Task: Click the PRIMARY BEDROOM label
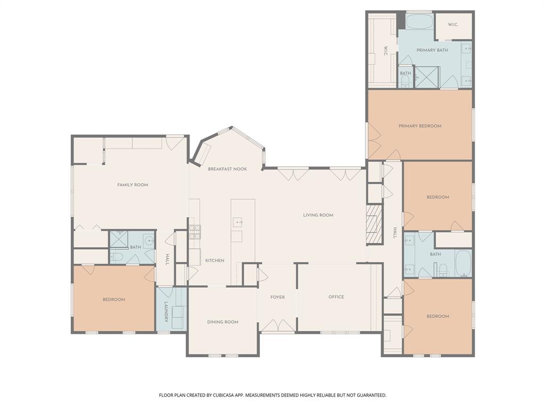pos(420,126)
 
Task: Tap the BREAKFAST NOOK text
pos(227,169)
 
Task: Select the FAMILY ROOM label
pos(133,185)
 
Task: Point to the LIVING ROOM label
pos(318,215)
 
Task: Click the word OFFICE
pos(336,297)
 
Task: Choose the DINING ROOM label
pos(222,322)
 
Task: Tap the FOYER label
pos(277,297)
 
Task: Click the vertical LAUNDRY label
pos(166,313)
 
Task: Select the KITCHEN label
pos(215,260)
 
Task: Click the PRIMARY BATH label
pos(432,50)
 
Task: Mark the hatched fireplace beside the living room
pos(374,224)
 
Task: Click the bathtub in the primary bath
pos(419,22)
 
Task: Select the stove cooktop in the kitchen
pos(195,231)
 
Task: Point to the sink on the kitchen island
pos(237,221)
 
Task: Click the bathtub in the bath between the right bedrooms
pos(464,263)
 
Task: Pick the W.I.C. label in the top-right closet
pos(453,24)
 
